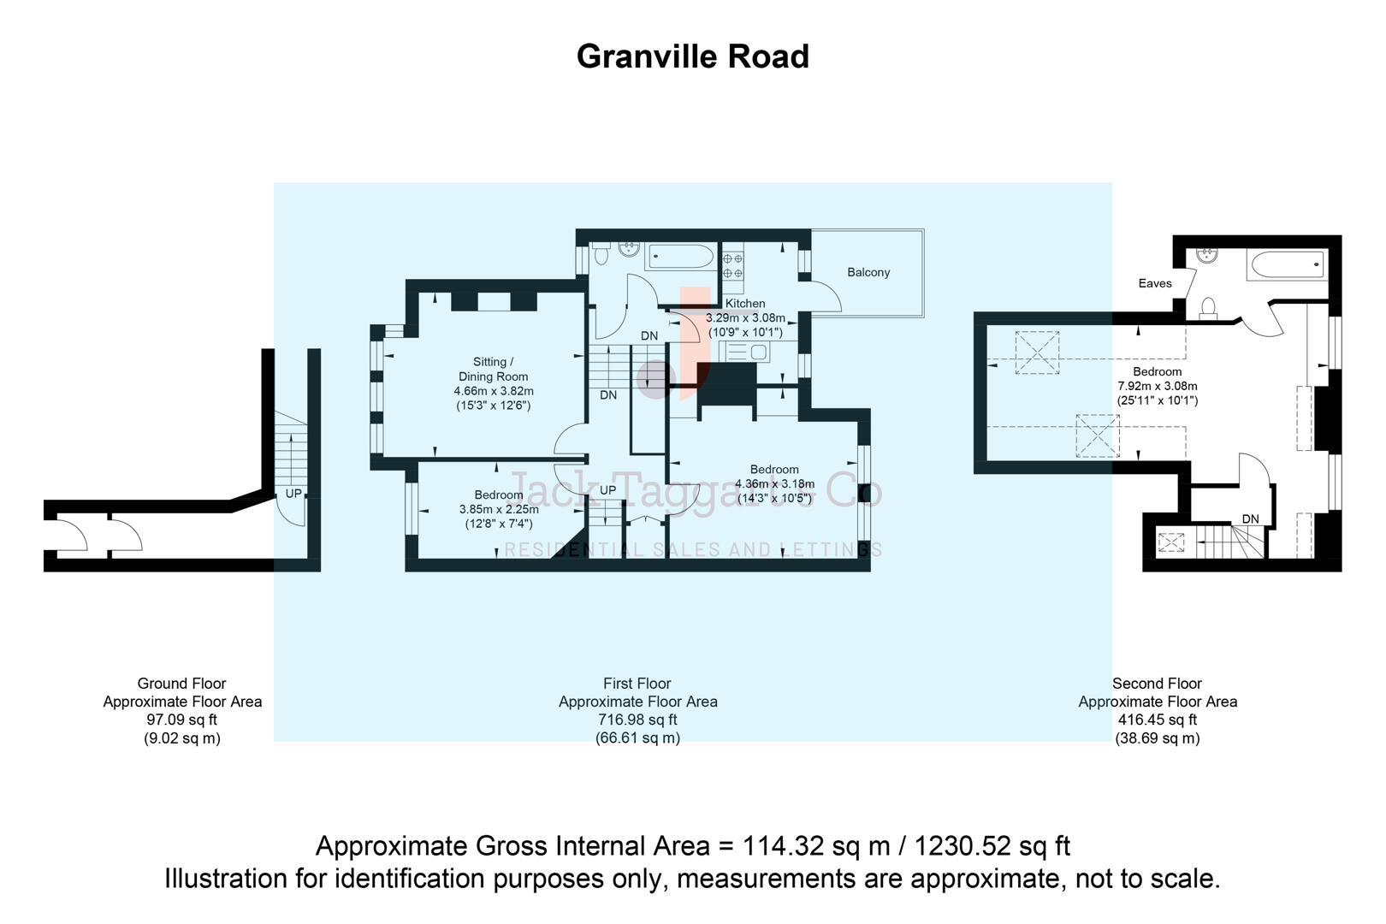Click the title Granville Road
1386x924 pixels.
click(x=692, y=56)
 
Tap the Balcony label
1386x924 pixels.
click(x=868, y=272)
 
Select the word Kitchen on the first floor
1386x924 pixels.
click(x=745, y=303)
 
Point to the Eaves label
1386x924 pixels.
click(x=1154, y=283)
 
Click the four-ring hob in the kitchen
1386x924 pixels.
click(x=733, y=265)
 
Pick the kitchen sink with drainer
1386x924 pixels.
click(x=747, y=351)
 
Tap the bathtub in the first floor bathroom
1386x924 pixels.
click(x=681, y=257)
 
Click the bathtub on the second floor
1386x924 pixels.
click(x=1287, y=264)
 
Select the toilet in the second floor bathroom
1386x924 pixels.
click(x=1209, y=307)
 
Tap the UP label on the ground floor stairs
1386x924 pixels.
click(x=293, y=494)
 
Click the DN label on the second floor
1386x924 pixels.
click(x=1250, y=518)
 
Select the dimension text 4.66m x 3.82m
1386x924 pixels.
click(x=494, y=391)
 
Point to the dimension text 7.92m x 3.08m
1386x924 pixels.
click(x=1157, y=386)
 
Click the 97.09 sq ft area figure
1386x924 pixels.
click(x=182, y=720)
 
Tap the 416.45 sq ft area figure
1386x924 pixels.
click(x=1157, y=720)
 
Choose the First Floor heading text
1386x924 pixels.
click(x=637, y=684)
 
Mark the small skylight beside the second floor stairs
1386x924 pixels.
click(x=1170, y=542)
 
